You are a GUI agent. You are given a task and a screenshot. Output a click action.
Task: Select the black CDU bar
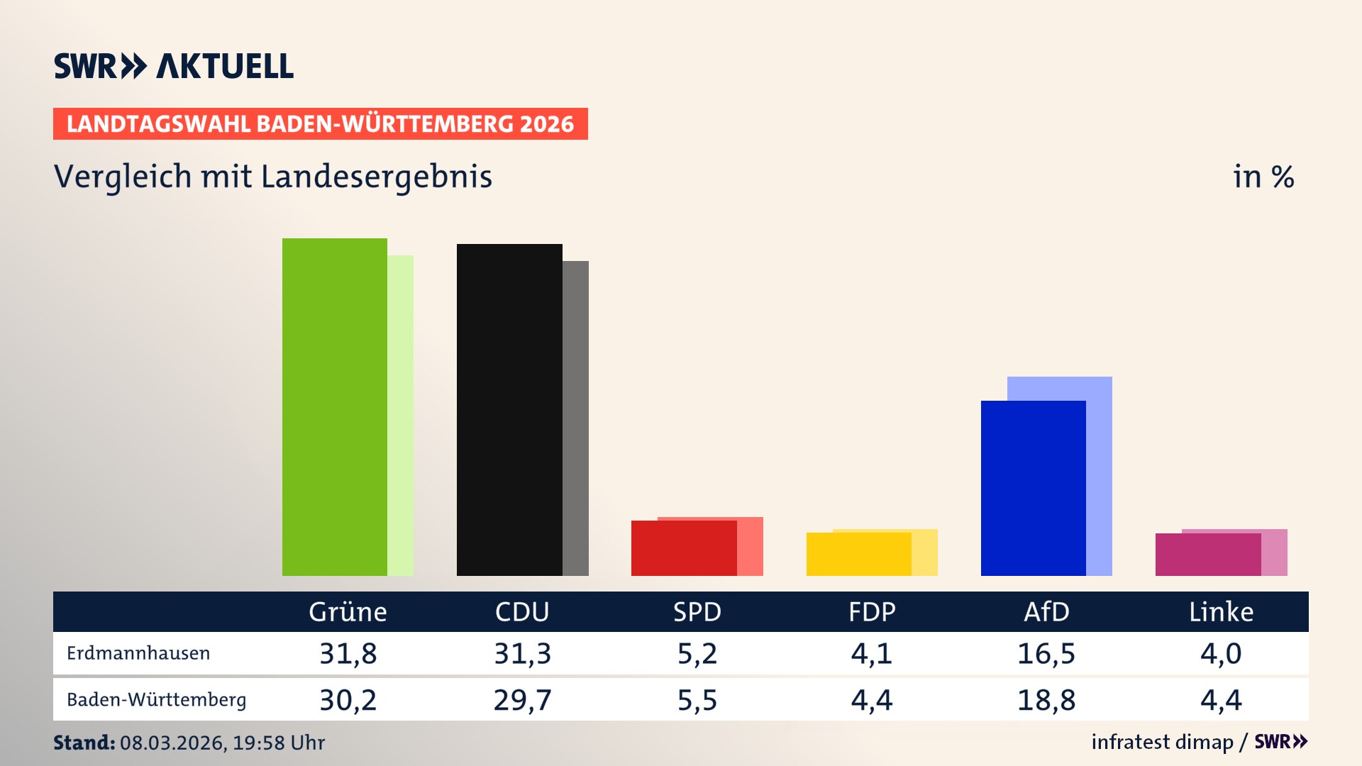[x=509, y=409]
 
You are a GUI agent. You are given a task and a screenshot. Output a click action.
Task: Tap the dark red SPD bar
[x=684, y=548]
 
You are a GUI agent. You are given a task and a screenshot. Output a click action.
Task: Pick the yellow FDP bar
[x=858, y=554]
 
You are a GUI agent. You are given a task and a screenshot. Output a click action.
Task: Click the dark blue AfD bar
[x=1033, y=488]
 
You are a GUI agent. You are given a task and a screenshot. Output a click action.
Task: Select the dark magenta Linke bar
[x=1207, y=555]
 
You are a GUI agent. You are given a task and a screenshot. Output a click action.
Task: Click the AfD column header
[x=1046, y=611]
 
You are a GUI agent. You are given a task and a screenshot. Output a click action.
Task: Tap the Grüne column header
[x=348, y=611]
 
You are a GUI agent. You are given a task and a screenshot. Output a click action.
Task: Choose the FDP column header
[x=872, y=611]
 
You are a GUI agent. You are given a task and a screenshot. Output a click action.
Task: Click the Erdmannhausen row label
[x=138, y=653]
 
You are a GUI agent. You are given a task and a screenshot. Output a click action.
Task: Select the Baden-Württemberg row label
[x=156, y=700]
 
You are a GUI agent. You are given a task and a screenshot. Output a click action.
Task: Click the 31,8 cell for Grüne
[x=348, y=653]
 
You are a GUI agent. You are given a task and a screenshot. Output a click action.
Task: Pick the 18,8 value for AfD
[x=1046, y=700]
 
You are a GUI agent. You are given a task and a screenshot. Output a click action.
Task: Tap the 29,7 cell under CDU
[x=522, y=700]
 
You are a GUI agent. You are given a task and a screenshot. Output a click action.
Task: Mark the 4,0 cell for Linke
[x=1221, y=653]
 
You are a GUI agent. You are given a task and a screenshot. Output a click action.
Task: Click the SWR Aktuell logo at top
[x=174, y=66]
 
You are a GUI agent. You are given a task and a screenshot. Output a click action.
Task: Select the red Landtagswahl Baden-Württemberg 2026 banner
[x=320, y=123]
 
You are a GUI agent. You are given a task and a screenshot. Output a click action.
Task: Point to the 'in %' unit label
[x=1263, y=177]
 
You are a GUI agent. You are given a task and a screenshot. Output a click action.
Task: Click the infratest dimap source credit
[x=1162, y=742]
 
